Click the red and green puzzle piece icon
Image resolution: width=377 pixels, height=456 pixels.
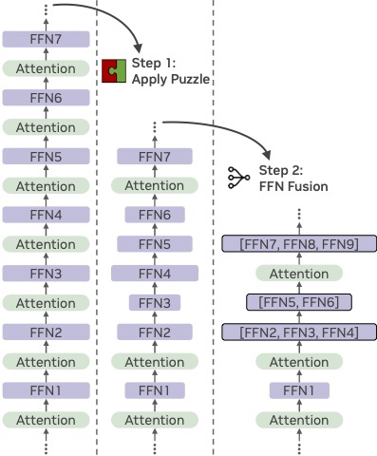click(115, 70)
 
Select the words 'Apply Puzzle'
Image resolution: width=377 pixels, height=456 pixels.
click(171, 80)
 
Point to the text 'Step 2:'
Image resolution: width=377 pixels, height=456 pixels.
click(282, 170)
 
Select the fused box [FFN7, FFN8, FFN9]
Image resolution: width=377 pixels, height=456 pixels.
click(299, 244)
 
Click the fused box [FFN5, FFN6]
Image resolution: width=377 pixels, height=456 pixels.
click(299, 302)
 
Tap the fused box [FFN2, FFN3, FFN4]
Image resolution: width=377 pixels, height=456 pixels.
click(299, 332)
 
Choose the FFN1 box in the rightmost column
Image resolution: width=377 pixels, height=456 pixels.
click(299, 390)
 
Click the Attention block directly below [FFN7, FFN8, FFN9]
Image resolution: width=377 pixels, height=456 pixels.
click(299, 274)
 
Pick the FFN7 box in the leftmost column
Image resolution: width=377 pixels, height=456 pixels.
click(47, 40)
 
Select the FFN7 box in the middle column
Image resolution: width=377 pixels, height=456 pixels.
click(155, 157)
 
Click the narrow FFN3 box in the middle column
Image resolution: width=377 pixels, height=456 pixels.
click(155, 303)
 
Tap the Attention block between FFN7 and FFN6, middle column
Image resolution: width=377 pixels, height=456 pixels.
click(155, 186)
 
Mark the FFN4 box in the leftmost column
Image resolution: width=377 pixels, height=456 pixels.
click(47, 215)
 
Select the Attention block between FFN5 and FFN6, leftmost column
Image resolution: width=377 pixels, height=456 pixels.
click(47, 127)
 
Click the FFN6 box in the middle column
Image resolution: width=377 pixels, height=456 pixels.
click(155, 215)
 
